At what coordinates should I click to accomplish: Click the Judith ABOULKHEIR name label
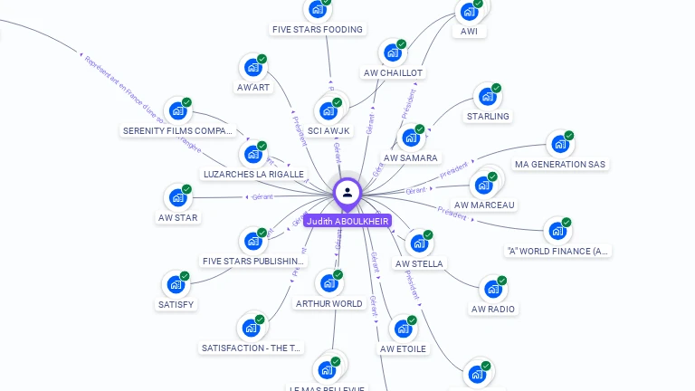[x=347, y=221]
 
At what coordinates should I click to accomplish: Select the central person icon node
[x=347, y=192]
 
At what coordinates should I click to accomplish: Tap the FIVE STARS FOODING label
[x=318, y=29]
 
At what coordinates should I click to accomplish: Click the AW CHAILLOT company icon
[x=392, y=53]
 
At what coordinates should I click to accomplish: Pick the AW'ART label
[x=252, y=87]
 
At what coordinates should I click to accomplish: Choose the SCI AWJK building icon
[x=328, y=111]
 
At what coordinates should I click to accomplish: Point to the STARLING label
[x=488, y=116]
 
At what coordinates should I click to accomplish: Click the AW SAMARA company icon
[x=410, y=138]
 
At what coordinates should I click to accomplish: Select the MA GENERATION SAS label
[x=559, y=164]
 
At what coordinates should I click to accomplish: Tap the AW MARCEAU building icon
[x=483, y=186]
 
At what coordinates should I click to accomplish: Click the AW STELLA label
[x=419, y=263]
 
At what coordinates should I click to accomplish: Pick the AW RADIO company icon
[x=492, y=290]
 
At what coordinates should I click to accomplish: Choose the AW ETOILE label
[x=403, y=348]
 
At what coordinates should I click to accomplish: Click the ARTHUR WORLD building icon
[x=328, y=284]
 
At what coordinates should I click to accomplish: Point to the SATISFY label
[x=176, y=304]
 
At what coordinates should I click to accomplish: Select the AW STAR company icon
[x=177, y=198]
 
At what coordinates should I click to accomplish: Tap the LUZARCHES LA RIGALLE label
[x=253, y=174]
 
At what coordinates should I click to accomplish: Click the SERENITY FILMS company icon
[x=177, y=111]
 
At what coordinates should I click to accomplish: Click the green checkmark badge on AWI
[x=478, y=4]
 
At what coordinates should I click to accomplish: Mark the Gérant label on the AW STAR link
[x=262, y=195]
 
